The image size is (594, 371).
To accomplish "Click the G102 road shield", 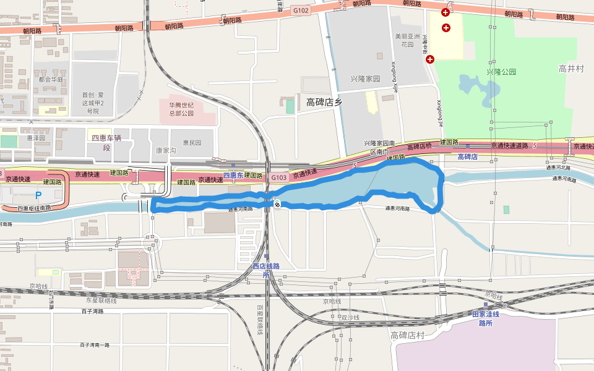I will pos(301,11).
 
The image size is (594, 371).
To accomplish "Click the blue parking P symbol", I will pos(38,195).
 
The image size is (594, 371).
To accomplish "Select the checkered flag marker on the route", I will pos(278,204).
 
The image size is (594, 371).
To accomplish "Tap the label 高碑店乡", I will pos(324,103).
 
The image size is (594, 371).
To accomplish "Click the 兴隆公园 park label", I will pos(501,72).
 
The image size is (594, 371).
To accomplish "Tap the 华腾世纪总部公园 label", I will pos(181,109).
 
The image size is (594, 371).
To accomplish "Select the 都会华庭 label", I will pos(51,80).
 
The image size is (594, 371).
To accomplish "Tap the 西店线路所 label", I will pos(266,270).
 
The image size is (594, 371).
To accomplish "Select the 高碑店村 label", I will pos(408,335).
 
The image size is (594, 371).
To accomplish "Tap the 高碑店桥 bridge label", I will pos(419,147).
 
